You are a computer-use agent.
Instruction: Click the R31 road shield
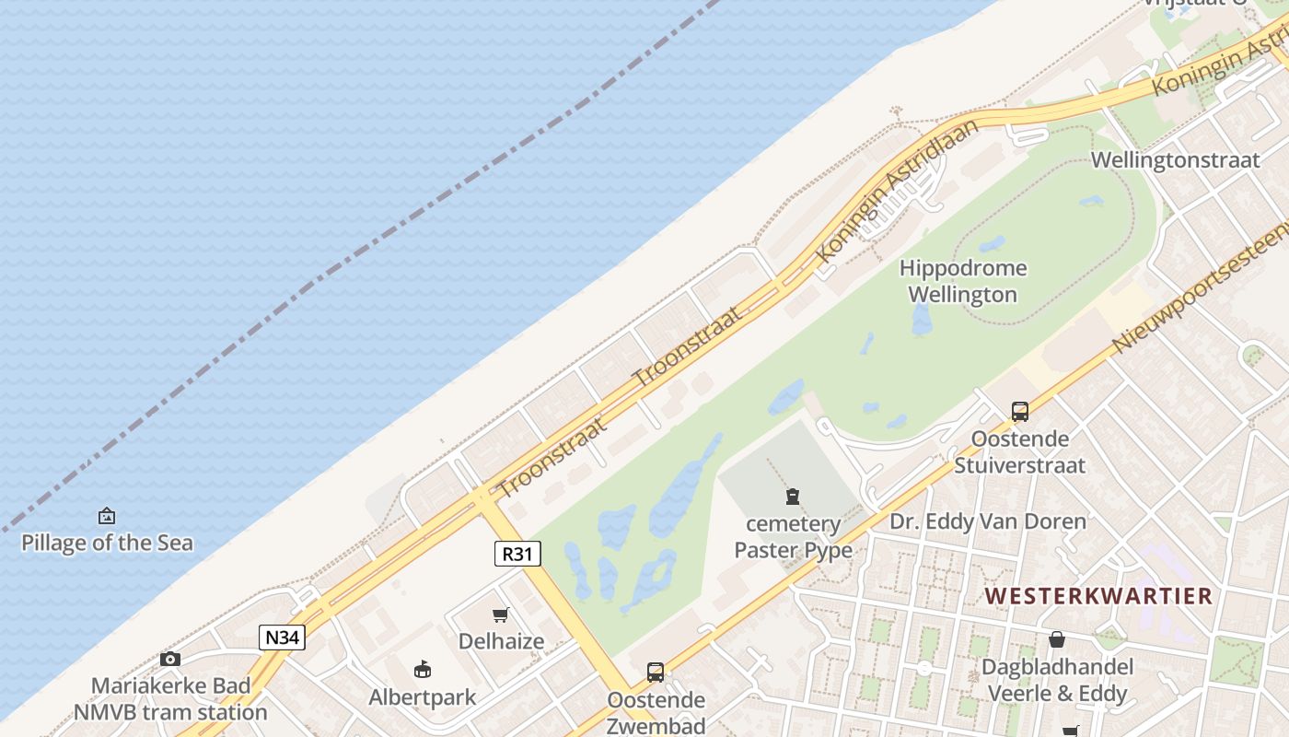[x=517, y=554]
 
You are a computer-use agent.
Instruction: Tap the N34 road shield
[x=282, y=637]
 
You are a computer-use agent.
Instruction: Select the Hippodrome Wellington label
[x=963, y=282]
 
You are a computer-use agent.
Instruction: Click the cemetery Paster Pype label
[x=793, y=537]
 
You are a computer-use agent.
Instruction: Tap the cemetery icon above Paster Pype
[x=793, y=497]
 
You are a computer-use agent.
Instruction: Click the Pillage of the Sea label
[x=107, y=543]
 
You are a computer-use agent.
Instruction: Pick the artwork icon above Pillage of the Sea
[x=107, y=516]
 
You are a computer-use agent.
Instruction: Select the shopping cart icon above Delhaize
[x=500, y=614]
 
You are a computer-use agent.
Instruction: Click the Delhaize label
[x=501, y=641]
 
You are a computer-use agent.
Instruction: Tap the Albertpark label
[x=423, y=696]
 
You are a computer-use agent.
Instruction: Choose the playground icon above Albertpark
[x=423, y=669]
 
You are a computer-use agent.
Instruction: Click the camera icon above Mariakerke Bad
[x=170, y=659]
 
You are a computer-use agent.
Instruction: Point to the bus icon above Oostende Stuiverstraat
[x=1019, y=412]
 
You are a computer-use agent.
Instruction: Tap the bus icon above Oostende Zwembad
[x=656, y=673]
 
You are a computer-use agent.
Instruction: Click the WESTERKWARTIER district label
[x=1098, y=596]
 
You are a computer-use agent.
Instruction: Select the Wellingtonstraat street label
[x=1175, y=160]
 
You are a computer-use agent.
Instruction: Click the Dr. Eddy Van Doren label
[x=988, y=521]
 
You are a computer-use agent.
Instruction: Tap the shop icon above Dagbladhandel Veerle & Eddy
[x=1057, y=639]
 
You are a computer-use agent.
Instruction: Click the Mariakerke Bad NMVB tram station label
[x=170, y=699]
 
